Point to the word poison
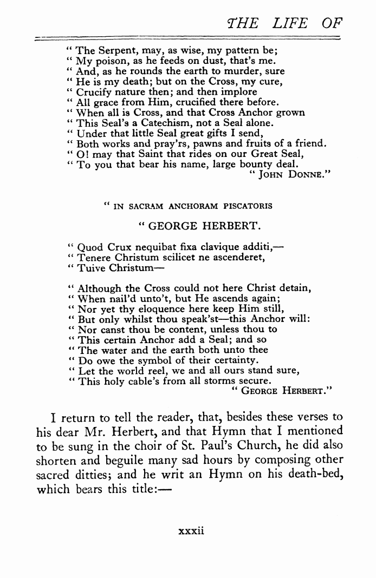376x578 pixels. pyautogui.click(x=110, y=62)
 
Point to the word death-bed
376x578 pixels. pyautogui.click(x=316, y=476)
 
